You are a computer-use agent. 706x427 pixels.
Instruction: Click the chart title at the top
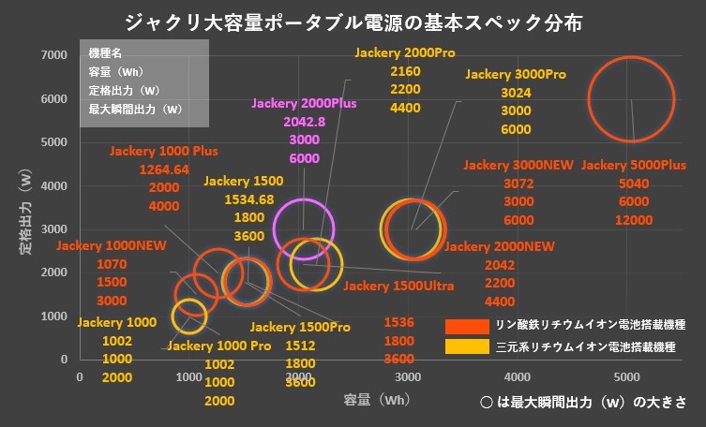pyautogui.click(x=352, y=21)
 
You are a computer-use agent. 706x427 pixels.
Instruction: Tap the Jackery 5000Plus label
pyautogui.click(x=634, y=165)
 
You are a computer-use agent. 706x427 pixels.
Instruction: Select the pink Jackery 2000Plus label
pyautogui.click(x=303, y=104)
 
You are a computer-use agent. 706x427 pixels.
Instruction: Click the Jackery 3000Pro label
pyautogui.click(x=516, y=74)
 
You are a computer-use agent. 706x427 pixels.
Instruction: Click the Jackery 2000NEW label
pyautogui.click(x=492, y=246)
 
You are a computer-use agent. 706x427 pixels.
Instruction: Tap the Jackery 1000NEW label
pyautogui.click(x=111, y=246)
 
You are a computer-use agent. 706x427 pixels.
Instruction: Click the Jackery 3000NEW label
pyautogui.click(x=518, y=165)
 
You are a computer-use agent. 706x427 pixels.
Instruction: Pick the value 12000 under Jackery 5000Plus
pyautogui.click(x=634, y=220)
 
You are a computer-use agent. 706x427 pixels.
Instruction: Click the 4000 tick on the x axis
pyautogui.click(x=518, y=376)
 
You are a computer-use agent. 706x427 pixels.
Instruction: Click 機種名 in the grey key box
pyautogui.click(x=105, y=53)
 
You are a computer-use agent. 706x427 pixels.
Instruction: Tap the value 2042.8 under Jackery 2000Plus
pyautogui.click(x=303, y=123)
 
